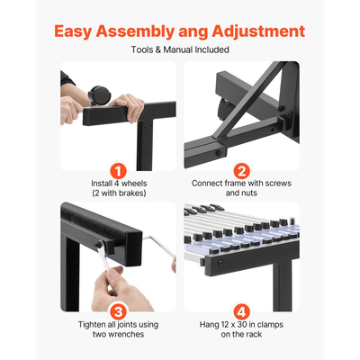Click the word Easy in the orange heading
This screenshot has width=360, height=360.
[73, 31]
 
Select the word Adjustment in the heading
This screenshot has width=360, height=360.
[258, 31]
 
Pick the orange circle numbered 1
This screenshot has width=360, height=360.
[119, 172]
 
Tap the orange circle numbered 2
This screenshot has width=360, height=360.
[241, 172]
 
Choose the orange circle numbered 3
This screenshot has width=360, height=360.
[119, 312]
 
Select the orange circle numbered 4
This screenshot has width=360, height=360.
[241, 312]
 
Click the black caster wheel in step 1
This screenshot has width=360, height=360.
[99, 94]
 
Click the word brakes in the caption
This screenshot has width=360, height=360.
[130, 193]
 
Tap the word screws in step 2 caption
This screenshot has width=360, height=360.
[276, 184]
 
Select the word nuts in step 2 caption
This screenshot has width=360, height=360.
[250, 193]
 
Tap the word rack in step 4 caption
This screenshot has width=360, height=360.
[254, 334]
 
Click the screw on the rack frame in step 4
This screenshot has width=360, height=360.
[220, 263]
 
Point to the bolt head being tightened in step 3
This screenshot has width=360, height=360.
[99, 245]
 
